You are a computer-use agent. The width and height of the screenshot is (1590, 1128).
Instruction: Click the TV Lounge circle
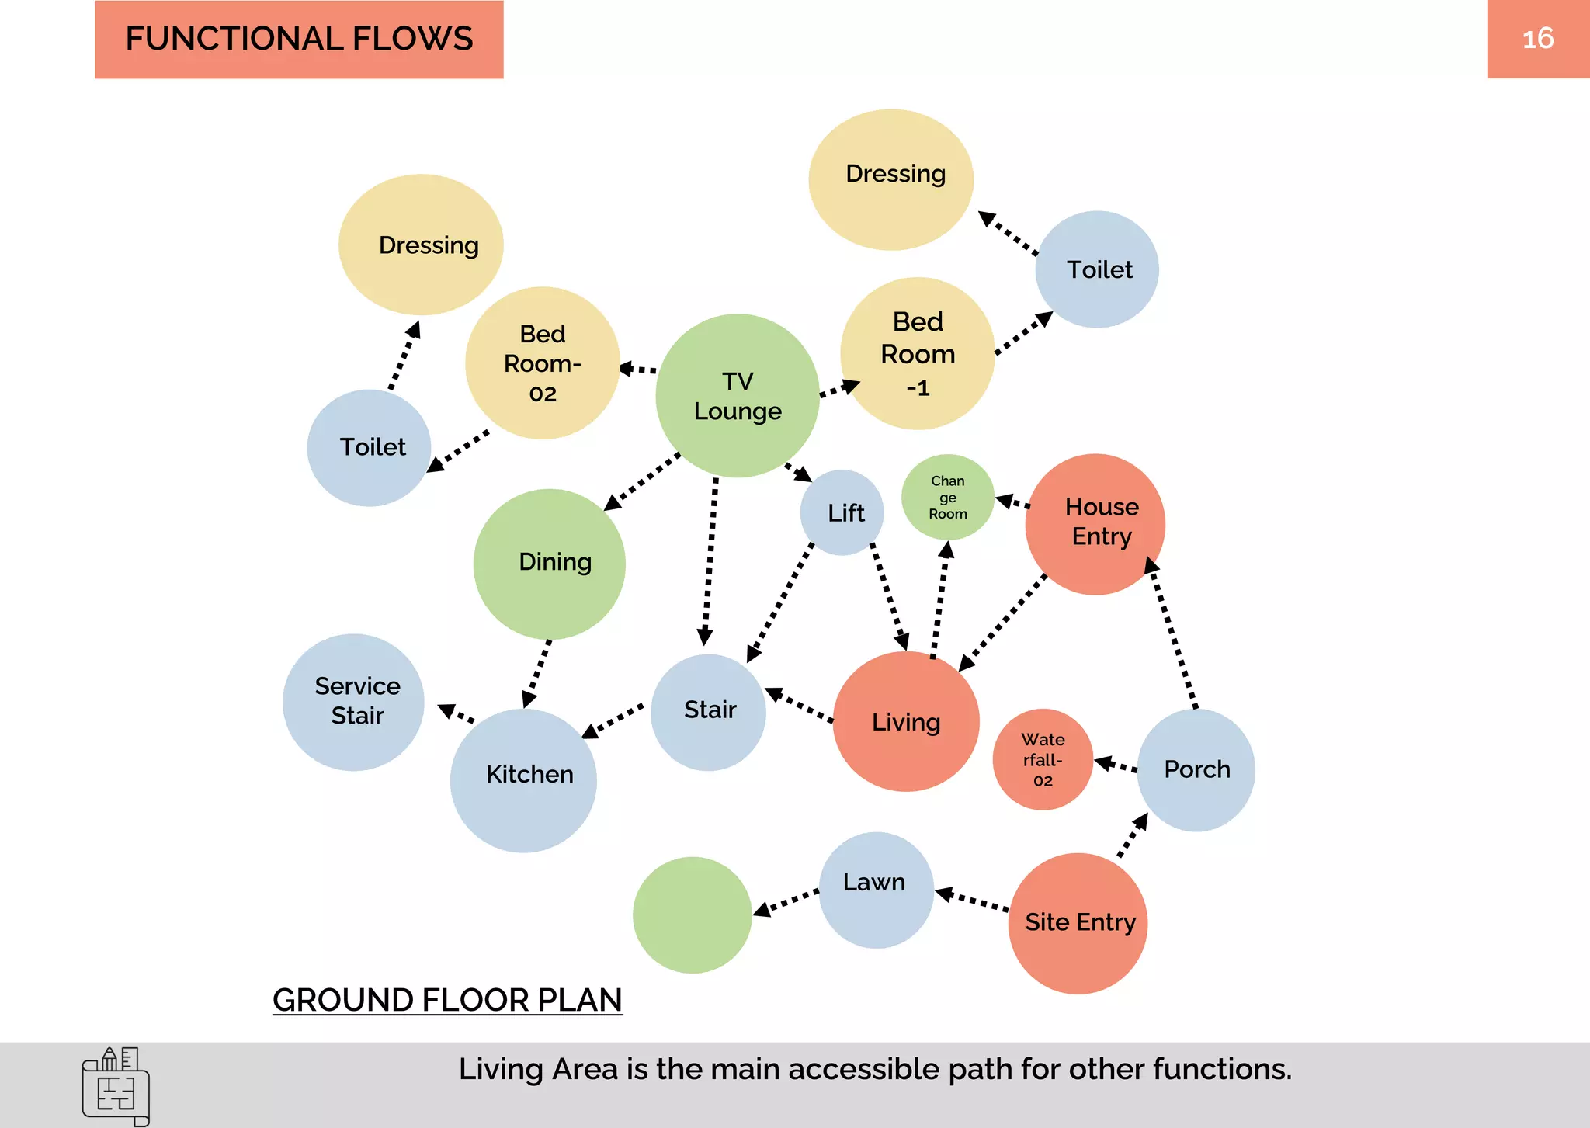737,396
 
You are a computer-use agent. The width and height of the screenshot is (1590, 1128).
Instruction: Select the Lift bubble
842,512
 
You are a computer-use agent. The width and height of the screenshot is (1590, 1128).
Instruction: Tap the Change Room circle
947,498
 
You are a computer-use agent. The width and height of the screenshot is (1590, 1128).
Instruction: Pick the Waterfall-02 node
1043,759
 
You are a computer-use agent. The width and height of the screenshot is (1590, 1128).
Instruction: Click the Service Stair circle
354,702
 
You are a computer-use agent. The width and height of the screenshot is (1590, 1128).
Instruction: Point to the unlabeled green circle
692,915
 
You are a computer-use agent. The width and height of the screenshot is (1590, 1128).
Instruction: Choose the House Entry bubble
1095,524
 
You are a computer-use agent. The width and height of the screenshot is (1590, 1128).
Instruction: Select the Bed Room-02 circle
542,363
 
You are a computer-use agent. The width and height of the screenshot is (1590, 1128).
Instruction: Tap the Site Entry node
1078,923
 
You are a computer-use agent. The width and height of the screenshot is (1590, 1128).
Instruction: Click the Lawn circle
876,890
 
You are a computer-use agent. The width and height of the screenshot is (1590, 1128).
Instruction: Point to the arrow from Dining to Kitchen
537,672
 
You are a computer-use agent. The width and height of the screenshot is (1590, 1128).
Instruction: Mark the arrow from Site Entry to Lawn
972,899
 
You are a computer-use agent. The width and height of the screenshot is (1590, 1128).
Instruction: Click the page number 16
1537,39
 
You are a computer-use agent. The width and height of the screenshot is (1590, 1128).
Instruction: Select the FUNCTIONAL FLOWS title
299,39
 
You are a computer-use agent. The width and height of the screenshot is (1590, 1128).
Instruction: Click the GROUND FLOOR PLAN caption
447,1000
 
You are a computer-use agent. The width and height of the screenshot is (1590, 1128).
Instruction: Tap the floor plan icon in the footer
116,1086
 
